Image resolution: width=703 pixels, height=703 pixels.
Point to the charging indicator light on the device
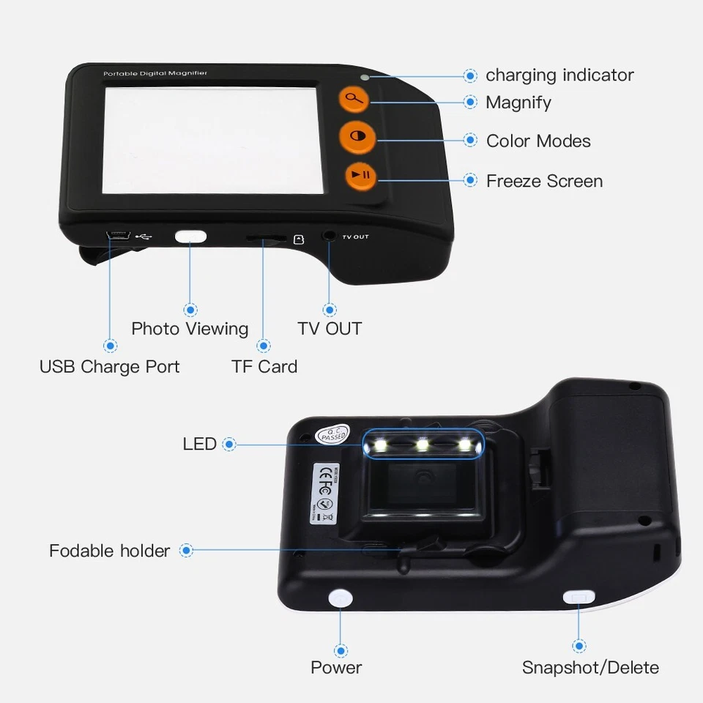[x=364, y=77]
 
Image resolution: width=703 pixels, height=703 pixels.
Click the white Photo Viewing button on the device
[x=190, y=237]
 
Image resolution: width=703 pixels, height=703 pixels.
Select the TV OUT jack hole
[x=330, y=237]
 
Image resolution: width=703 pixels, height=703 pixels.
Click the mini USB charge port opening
[x=117, y=236]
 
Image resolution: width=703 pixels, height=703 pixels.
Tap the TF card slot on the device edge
[x=264, y=238]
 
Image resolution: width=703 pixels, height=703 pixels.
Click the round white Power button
[x=341, y=598]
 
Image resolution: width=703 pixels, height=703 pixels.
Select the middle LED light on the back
[x=422, y=445]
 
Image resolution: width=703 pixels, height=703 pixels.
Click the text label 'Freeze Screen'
[x=544, y=181]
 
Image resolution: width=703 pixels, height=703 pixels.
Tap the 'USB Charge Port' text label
[x=109, y=366]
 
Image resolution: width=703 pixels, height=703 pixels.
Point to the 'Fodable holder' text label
[x=109, y=550]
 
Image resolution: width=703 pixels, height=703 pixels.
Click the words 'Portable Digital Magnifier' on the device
[x=155, y=73]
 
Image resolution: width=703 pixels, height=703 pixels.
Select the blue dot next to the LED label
[x=229, y=444]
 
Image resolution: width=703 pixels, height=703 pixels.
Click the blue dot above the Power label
[x=341, y=650]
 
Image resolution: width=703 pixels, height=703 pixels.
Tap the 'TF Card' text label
[x=264, y=366]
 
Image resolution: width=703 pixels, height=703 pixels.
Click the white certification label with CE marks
[x=324, y=491]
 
